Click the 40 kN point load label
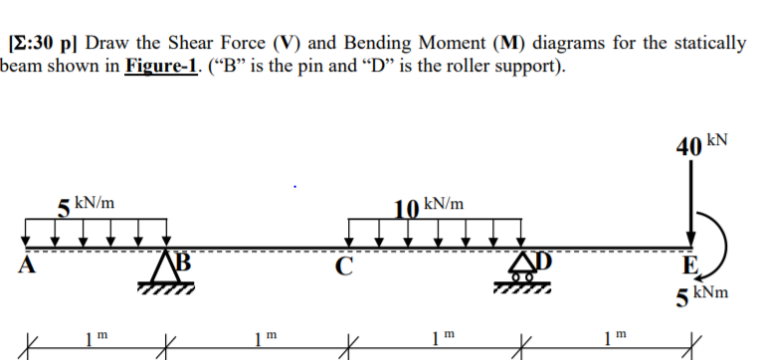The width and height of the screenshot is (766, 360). pos(700,146)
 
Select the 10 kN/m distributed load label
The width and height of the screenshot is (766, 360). pos(429,206)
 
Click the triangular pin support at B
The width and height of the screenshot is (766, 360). pos(166,270)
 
